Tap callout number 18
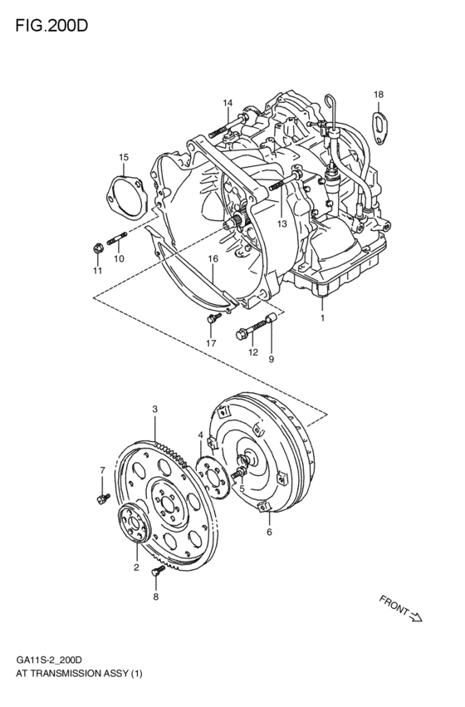pyautogui.click(x=379, y=95)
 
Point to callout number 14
pyautogui.click(x=227, y=103)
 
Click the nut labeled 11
pyautogui.click(x=98, y=247)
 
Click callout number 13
pyautogui.click(x=281, y=223)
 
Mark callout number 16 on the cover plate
pyautogui.click(x=213, y=259)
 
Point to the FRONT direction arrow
pyautogui.click(x=402, y=609)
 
